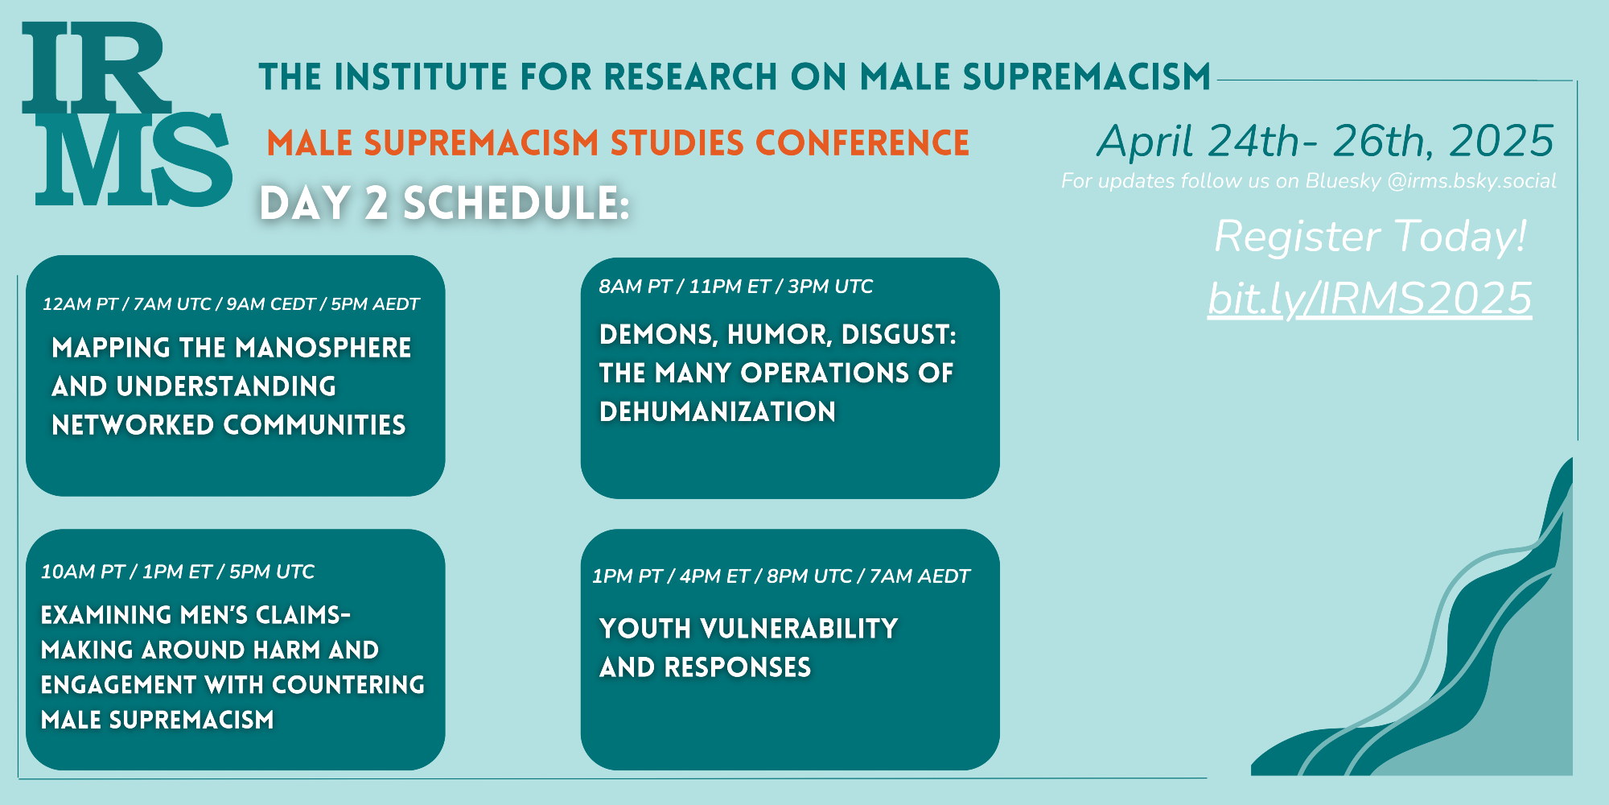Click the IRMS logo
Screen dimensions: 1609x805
[x=127, y=114]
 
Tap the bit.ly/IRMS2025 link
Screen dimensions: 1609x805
[x=1369, y=299]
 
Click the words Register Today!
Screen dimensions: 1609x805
[x=1370, y=237]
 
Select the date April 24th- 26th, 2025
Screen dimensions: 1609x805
[x=1326, y=142]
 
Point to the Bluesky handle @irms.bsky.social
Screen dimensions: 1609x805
[x=1471, y=181]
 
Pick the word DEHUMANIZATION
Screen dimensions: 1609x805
[x=718, y=412]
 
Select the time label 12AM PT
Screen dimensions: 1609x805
[x=80, y=304]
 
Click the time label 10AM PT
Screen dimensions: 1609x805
[x=83, y=572]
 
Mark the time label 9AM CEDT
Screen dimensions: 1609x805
[x=270, y=304]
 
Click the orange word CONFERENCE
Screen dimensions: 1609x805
[x=862, y=143]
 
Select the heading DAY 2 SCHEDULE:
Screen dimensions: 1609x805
[x=445, y=203]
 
